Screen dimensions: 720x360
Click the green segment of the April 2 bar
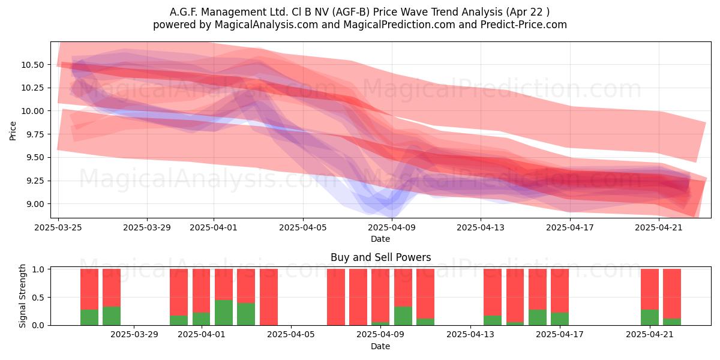224,313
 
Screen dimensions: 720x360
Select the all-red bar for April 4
269,297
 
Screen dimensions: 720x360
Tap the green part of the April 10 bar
403,316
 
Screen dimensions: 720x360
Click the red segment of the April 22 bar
672,294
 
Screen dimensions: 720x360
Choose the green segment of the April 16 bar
538,317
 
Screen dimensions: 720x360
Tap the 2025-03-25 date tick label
58,227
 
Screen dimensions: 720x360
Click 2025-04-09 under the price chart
392,227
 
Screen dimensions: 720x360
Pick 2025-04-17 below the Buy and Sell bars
560,334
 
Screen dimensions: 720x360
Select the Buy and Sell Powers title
380,257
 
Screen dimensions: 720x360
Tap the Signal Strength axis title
22,296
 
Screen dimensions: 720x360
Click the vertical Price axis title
13,131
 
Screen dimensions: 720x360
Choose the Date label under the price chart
380,239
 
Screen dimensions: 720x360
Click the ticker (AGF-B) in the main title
351,12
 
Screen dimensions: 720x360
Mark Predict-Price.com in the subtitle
524,25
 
